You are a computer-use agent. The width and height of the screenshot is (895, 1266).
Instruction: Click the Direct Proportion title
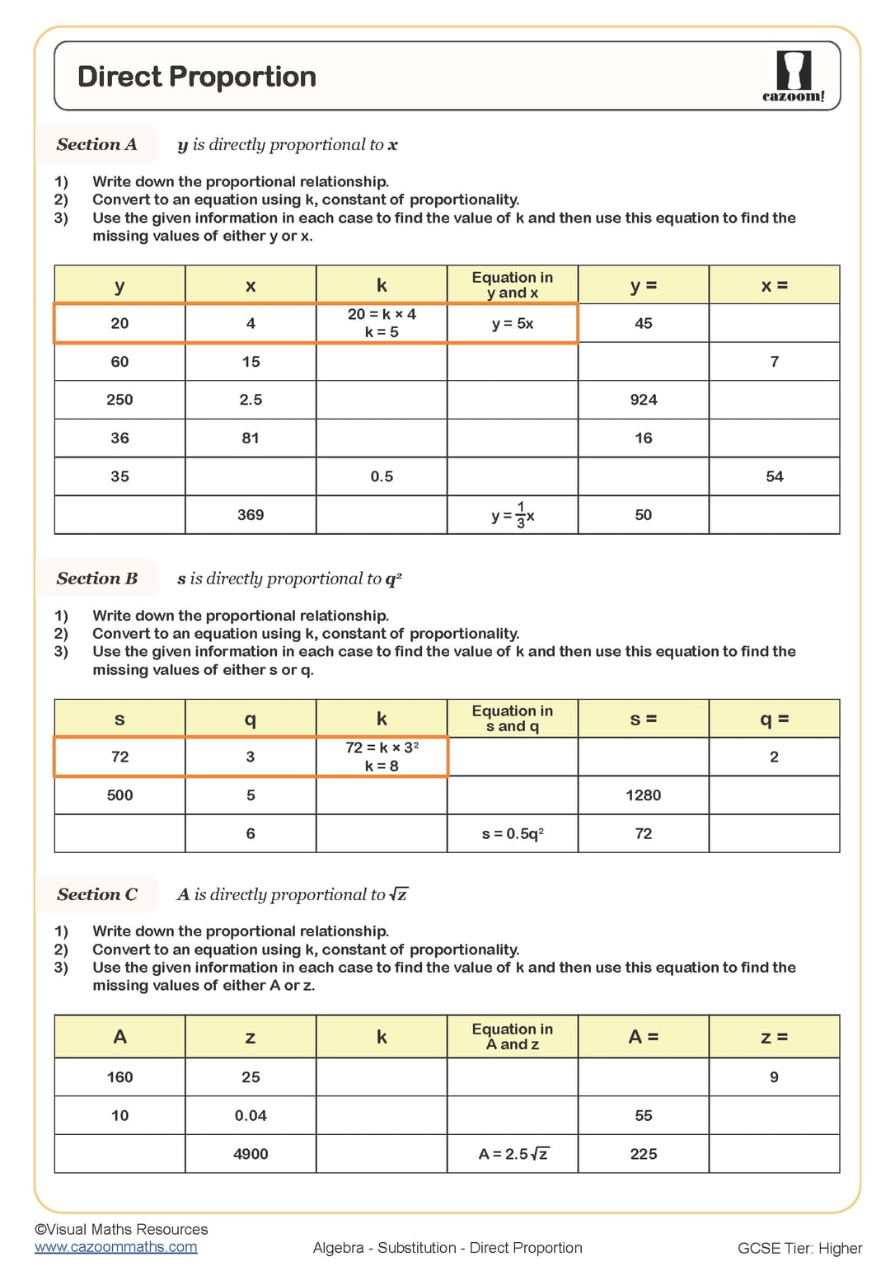[x=196, y=77]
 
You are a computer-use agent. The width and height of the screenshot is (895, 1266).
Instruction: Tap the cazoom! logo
[x=793, y=77]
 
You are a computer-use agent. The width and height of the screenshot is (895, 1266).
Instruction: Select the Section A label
[x=96, y=144]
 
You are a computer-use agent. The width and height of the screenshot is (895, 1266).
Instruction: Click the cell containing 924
[x=643, y=400]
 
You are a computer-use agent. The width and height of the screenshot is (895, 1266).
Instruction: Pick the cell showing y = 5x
[x=512, y=324]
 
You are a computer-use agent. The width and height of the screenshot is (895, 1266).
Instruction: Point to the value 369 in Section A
[x=251, y=515]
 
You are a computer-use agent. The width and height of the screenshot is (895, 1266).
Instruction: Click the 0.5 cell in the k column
[x=382, y=476]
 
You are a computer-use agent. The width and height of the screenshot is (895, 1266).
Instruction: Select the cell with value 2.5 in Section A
[x=251, y=400]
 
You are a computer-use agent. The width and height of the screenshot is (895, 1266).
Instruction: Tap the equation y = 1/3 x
[x=512, y=515]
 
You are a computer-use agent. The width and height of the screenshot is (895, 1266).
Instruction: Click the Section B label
[x=96, y=579]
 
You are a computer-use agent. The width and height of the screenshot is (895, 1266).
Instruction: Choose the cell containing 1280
[x=643, y=795]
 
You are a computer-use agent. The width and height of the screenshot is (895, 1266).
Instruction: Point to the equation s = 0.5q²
[x=512, y=834]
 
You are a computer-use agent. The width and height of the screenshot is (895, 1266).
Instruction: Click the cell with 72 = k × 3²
[x=382, y=757]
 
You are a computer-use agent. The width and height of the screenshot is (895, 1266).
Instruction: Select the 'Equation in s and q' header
[x=512, y=719]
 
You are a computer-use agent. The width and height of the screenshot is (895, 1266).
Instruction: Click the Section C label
[x=96, y=894]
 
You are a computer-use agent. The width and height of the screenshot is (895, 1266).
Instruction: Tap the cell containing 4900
[x=251, y=1154]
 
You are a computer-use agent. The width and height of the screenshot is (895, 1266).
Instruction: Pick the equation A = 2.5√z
[x=512, y=1154]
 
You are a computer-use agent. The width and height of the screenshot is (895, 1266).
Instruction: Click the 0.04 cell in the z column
[x=251, y=1115]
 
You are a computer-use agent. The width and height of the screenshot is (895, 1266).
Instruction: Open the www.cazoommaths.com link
[x=115, y=1247]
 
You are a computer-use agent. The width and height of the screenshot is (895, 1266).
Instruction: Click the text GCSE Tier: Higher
[x=799, y=1248]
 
